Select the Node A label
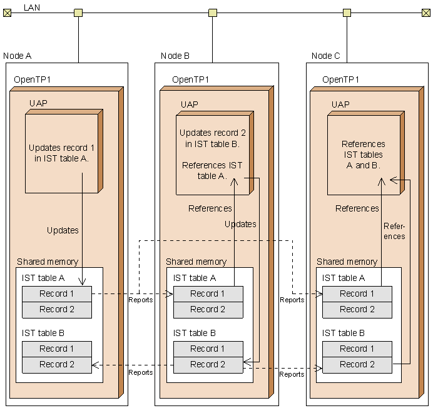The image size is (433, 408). tap(18, 56)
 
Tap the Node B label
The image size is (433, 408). tap(175, 56)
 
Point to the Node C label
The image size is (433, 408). tap(325, 56)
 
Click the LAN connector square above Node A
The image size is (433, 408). tap(78, 13)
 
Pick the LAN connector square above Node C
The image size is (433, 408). tap(347, 13)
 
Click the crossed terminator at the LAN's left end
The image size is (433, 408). tap(7, 13)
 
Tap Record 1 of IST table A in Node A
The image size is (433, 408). tap(57, 293)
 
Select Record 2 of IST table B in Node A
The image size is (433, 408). tap(57, 364)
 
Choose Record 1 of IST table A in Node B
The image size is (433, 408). tap(208, 293)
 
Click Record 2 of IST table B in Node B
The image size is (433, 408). tap(208, 364)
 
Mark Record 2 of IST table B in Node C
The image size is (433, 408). tap(357, 364)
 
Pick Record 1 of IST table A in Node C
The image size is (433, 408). tap(357, 293)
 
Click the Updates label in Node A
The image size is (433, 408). tap(63, 230)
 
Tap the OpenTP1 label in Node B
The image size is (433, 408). tap(190, 79)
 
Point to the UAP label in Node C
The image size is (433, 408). tap(340, 105)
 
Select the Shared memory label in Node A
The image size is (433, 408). tap(48, 262)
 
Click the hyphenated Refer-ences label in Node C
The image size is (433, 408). tap(394, 231)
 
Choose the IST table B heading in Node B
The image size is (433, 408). tap(194, 333)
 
